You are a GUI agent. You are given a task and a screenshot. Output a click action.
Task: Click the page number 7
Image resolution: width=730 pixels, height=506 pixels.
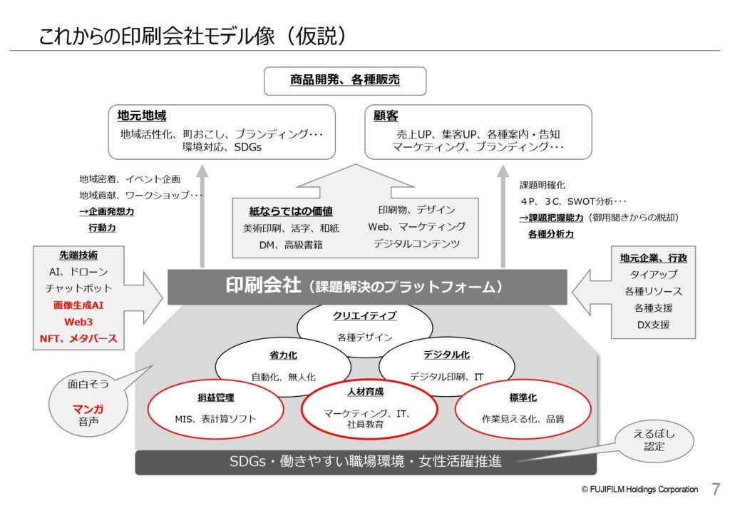[716, 489]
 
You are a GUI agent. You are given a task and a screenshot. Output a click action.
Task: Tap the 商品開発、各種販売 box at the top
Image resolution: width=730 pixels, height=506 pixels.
[345, 81]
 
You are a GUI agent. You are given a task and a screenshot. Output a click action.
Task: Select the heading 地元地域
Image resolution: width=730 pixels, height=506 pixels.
[142, 116]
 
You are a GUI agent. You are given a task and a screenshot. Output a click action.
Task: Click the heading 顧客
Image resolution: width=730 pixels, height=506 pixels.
[386, 116]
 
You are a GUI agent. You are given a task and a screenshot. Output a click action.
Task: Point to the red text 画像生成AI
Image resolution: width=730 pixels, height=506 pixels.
[78, 305]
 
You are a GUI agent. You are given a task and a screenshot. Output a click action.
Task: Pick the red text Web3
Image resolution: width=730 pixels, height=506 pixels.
[78, 322]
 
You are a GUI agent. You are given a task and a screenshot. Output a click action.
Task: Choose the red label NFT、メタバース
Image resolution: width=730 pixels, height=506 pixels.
[78, 339]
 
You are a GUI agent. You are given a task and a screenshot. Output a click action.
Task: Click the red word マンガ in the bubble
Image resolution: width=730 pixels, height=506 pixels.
[88, 409]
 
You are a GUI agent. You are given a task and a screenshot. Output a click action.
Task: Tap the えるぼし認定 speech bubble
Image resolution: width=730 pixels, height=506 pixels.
[654, 440]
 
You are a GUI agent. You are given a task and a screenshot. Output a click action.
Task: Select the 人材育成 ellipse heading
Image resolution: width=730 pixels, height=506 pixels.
[366, 392]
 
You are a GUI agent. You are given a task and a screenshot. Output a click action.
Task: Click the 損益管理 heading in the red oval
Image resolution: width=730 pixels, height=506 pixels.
[215, 398]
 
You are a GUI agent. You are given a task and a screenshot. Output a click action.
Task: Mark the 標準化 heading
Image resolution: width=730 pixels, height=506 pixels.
[523, 398]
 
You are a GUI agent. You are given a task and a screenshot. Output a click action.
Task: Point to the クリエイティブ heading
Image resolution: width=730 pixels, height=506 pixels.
[364, 315]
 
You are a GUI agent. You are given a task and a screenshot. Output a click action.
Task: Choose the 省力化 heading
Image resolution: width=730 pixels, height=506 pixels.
[283, 355]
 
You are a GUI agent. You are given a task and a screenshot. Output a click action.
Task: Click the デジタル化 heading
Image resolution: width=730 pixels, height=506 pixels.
[446, 355]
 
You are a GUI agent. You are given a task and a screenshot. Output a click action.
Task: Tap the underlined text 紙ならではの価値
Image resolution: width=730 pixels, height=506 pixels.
[291, 211]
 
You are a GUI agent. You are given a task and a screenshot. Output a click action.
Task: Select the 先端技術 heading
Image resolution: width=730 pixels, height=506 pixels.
[78, 255]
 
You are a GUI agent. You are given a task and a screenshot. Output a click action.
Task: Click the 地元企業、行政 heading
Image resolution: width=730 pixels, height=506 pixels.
[653, 258]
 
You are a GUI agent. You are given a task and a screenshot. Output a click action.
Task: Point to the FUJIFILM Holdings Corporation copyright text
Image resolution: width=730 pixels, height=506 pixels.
[639, 489]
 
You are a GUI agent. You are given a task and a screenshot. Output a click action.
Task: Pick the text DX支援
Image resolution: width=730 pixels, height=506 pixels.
[653, 325]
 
